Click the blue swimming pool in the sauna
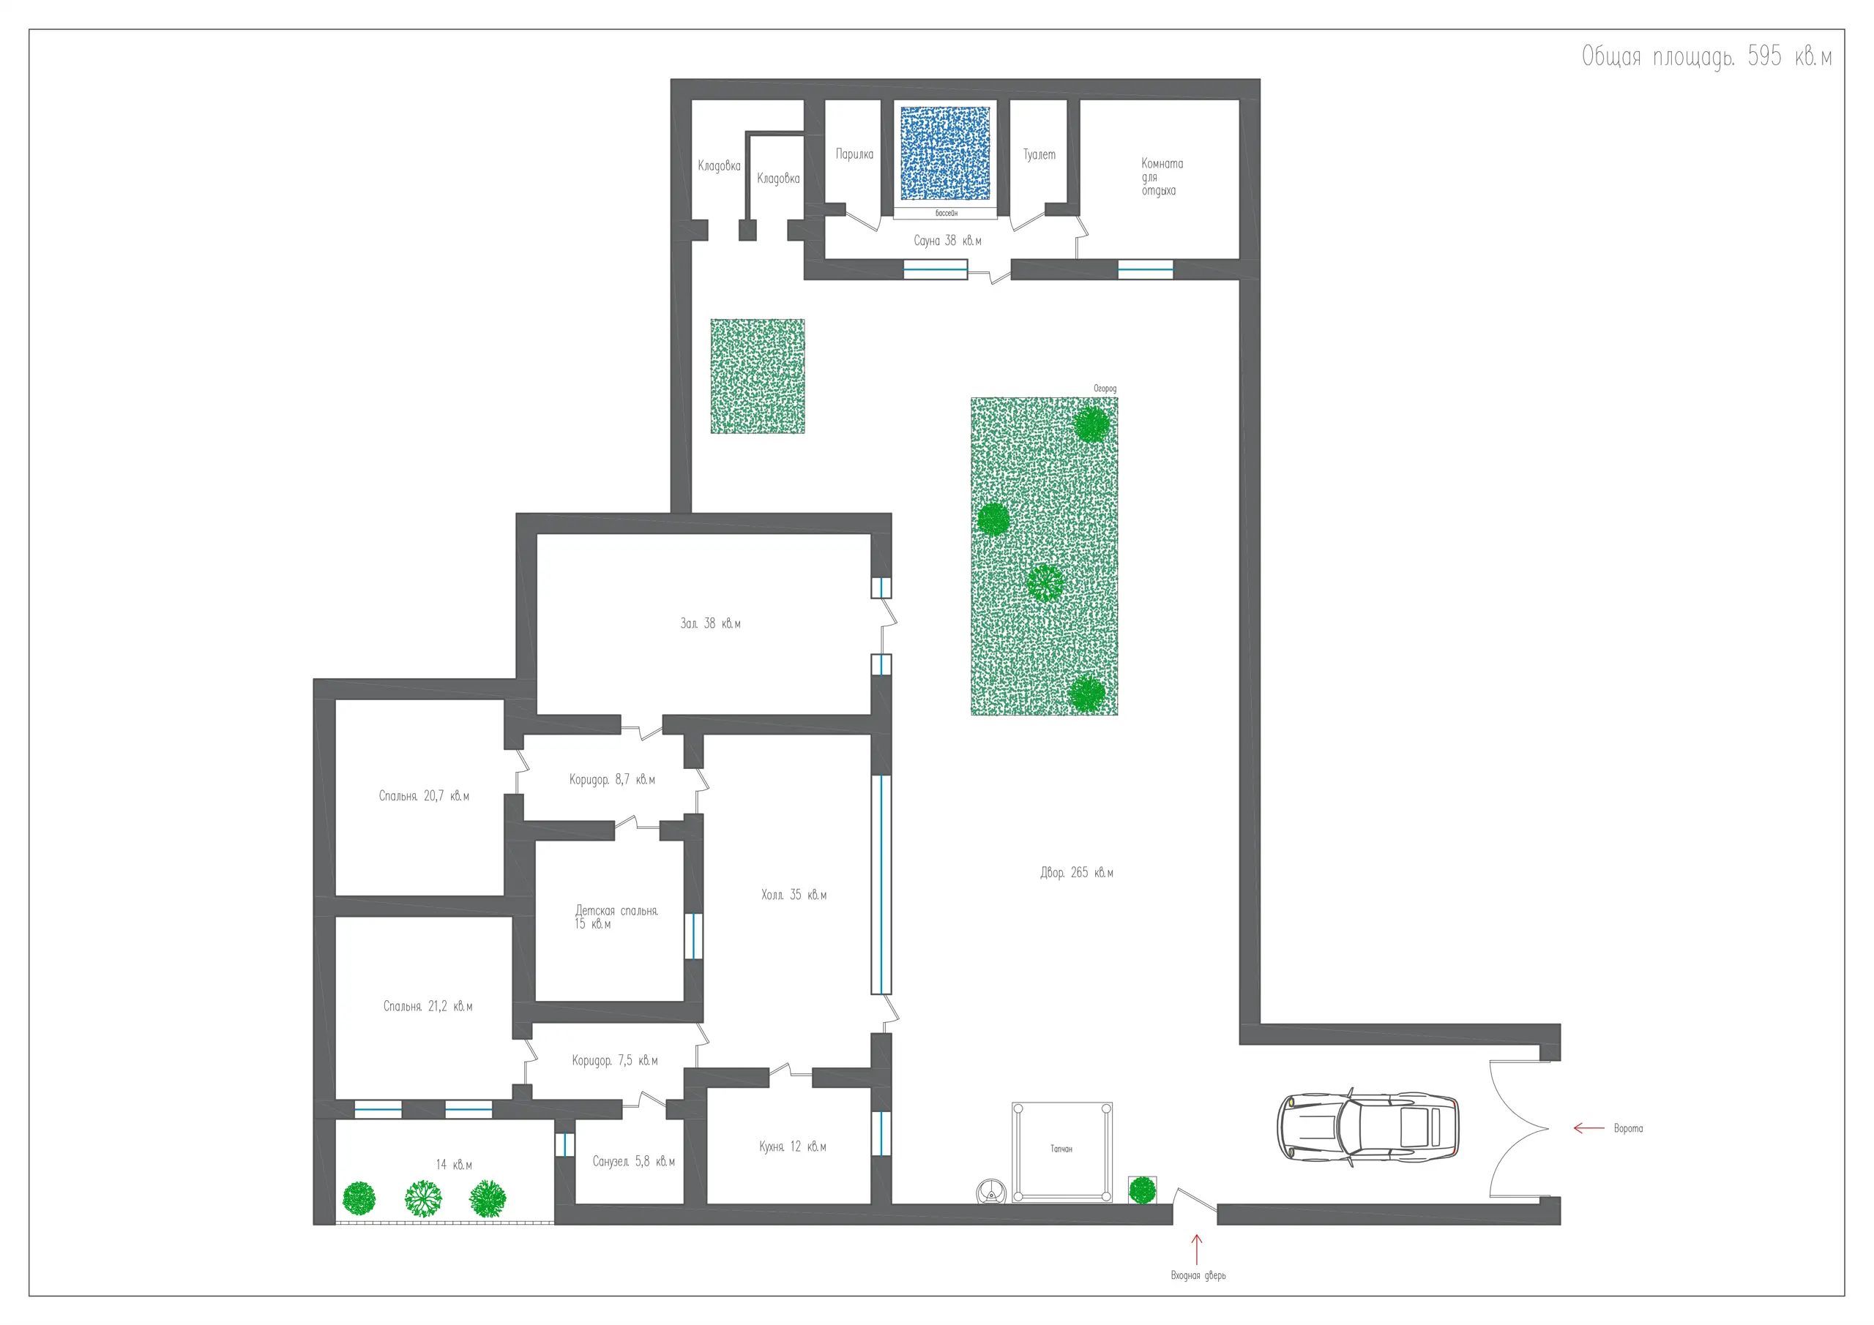944,154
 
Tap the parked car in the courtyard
1368,1127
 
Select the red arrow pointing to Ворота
1589,1128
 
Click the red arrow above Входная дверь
1197,1249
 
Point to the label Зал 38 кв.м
710,623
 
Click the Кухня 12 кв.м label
793,1146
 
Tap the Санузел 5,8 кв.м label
633,1161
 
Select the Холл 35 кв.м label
794,895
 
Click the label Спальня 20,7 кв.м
424,795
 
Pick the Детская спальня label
616,911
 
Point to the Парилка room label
854,154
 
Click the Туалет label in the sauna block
1039,154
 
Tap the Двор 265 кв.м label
1077,872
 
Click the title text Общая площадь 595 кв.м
1706,56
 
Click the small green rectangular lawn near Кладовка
758,376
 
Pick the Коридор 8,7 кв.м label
612,779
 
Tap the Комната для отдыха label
1162,176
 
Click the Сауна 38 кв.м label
947,241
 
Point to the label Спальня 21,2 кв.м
428,1006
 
